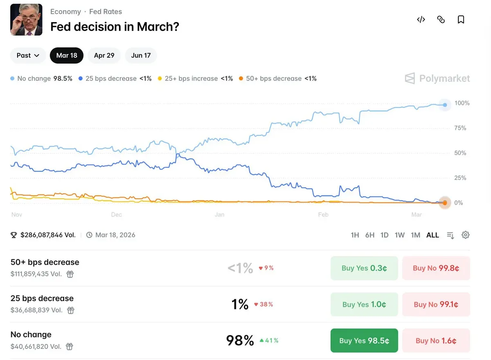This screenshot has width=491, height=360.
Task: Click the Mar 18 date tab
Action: (x=67, y=55)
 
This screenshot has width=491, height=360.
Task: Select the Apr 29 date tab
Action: (x=104, y=55)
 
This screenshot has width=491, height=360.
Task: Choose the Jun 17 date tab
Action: (x=141, y=55)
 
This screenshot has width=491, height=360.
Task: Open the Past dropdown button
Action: (x=28, y=55)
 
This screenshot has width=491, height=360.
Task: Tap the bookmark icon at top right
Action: (x=461, y=20)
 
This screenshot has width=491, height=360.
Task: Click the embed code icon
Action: (x=421, y=20)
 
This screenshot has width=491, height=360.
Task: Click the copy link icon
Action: (x=441, y=20)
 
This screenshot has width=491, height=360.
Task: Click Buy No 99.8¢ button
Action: (x=436, y=268)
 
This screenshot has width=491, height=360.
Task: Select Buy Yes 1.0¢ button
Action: (x=364, y=304)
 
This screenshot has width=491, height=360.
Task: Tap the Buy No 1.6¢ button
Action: (x=436, y=340)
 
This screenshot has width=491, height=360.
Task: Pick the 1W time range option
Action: (x=399, y=235)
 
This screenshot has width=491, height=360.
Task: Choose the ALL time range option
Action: (x=432, y=235)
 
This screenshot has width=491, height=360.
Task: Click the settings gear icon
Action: (x=465, y=235)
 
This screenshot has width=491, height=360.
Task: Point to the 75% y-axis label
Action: (x=460, y=128)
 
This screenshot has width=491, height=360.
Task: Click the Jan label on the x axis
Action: (x=219, y=215)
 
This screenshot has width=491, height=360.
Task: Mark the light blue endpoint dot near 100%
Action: (x=445, y=105)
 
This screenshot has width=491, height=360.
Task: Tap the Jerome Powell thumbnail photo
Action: (x=26, y=20)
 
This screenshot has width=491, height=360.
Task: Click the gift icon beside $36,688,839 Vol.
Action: (x=71, y=310)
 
